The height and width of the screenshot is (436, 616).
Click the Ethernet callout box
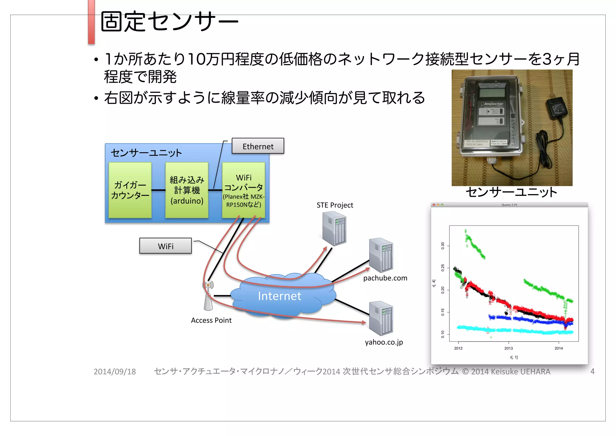coord(258,146)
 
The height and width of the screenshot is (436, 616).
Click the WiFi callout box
coord(165,246)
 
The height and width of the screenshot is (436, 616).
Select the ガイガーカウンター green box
coord(130,190)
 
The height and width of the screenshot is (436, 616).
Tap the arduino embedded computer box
coord(187,190)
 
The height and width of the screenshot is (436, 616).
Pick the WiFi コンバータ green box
coord(244,190)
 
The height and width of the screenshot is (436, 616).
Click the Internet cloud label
coord(279,296)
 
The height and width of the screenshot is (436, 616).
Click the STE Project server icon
coord(334,228)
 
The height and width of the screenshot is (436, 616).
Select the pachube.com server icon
coord(381,255)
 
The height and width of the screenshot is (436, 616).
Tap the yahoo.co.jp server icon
coord(381,318)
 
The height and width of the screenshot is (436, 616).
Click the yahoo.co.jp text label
coord(384,342)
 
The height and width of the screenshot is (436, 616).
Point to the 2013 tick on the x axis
coord(508,348)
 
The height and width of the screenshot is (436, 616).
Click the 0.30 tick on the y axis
coord(443,246)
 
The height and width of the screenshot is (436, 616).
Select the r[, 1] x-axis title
coord(514,357)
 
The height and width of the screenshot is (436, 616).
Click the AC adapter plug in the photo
coord(558,107)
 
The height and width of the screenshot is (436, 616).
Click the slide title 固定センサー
coord(169,22)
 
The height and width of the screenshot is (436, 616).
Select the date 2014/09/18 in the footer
coord(115,372)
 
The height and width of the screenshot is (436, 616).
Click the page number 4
coord(592,372)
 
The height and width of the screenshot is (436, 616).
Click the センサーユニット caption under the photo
coord(511,192)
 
